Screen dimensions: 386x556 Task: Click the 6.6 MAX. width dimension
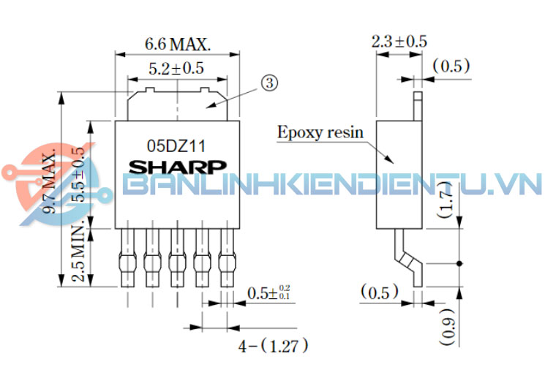(x=178, y=43)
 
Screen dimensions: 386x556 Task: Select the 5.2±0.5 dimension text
(x=176, y=69)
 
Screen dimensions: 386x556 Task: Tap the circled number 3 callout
(x=268, y=83)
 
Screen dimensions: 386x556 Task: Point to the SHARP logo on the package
(x=178, y=167)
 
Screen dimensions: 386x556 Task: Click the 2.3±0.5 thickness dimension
(x=399, y=42)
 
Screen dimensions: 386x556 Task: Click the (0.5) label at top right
(x=451, y=66)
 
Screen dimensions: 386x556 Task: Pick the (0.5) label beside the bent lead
(x=380, y=293)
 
